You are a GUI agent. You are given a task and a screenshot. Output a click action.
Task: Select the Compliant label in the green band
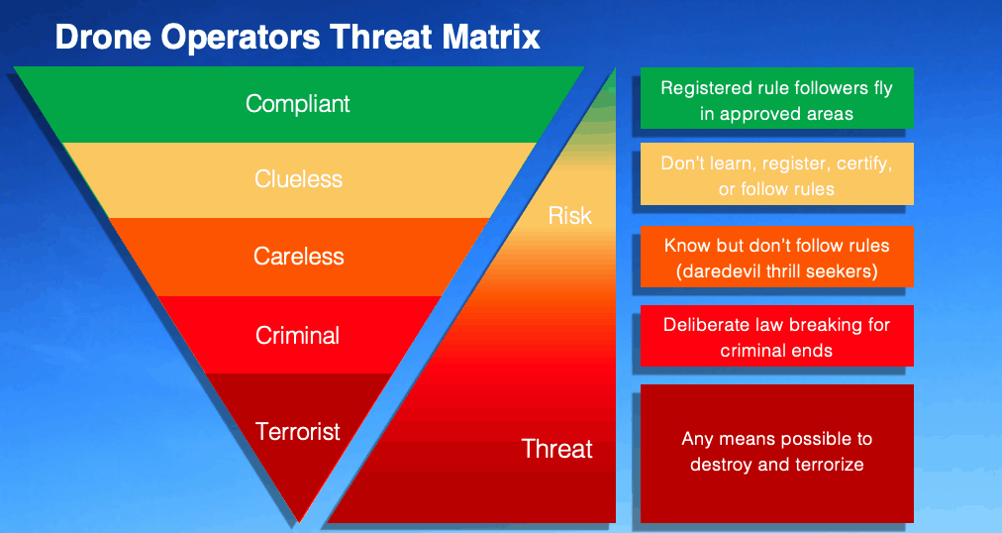click(x=298, y=104)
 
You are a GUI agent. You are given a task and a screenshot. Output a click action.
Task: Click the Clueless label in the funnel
click(x=298, y=179)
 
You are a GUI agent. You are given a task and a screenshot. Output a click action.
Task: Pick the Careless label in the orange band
click(x=298, y=257)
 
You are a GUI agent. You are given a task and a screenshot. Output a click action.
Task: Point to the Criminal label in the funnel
click(x=298, y=336)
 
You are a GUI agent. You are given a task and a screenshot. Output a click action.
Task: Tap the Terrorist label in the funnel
click(x=298, y=431)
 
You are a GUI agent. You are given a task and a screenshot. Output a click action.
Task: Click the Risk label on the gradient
click(x=570, y=216)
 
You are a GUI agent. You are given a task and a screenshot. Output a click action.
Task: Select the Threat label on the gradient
click(x=557, y=449)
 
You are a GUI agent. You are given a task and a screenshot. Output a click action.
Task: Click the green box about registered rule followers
click(x=777, y=98)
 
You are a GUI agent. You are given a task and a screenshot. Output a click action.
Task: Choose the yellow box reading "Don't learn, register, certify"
click(x=777, y=173)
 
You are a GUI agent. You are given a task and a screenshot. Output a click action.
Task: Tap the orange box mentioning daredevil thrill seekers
click(x=777, y=257)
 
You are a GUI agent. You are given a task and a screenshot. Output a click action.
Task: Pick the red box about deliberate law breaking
click(x=777, y=336)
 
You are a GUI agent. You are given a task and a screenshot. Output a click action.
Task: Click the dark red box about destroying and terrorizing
click(x=777, y=453)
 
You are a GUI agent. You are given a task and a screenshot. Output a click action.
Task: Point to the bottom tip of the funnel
click(x=299, y=522)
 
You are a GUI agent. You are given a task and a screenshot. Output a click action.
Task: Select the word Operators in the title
click(x=241, y=38)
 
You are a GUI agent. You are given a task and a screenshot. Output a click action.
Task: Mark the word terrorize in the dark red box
click(x=827, y=464)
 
